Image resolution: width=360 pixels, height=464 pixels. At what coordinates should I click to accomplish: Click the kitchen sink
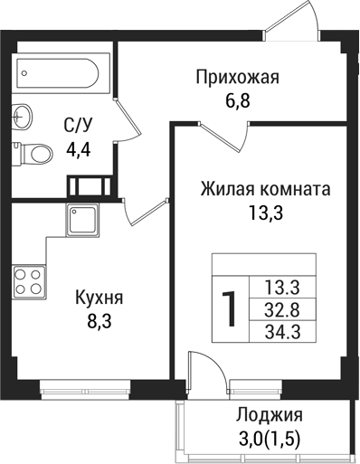[x=81, y=219]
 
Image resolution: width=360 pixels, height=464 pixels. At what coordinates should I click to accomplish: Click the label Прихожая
[x=238, y=78]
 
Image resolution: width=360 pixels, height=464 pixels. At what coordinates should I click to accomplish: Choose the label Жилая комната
[x=265, y=191]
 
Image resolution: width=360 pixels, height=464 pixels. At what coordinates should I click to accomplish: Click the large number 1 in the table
[x=231, y=308]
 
